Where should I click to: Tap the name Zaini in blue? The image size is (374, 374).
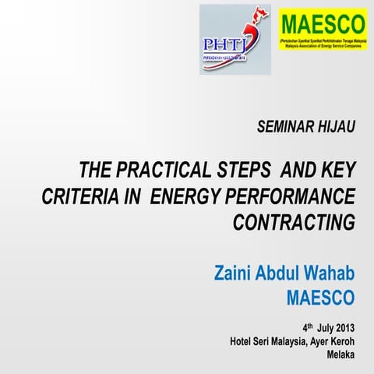point(238,274)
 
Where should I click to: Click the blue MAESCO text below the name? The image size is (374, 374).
point(320,298)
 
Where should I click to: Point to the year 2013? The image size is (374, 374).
point(340,327)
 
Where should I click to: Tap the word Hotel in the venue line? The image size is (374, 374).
point(242,341)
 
